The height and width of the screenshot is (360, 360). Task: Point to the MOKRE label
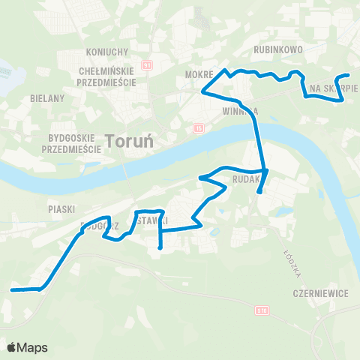[x=198, y=76]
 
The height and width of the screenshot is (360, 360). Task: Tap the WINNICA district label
[x=240, y=111]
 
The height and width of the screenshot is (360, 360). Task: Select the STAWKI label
[x=153, y=219]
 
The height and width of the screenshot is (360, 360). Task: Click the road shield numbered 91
[x=148, y=65]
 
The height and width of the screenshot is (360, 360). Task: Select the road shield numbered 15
[x=198, y=128]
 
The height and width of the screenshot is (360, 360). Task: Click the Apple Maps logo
[x=27, y=347]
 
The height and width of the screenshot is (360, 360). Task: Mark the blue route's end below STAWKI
[x=160, y=247]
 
